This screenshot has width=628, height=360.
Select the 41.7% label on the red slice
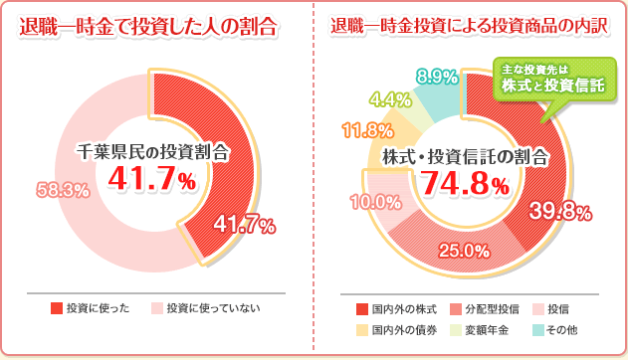coord(244,225)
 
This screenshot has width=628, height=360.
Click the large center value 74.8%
coord(465,183)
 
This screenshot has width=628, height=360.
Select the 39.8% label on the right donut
coord(561,213)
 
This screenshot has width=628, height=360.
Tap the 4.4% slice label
coord(390,98)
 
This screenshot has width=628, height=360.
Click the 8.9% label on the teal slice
coord(437,77)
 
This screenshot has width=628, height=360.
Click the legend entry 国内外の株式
coord(395,308)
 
